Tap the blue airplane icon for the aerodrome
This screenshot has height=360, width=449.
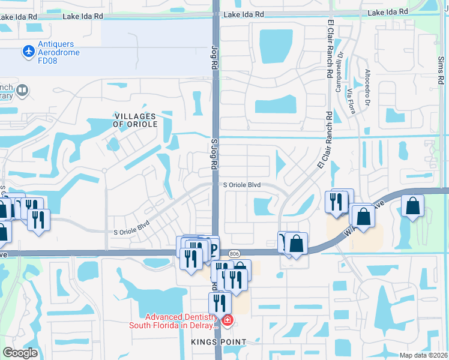point(28,52)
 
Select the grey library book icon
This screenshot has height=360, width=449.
point(23,91)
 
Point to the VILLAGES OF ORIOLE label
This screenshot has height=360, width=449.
point(135,120)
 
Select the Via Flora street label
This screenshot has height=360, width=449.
point(349,103)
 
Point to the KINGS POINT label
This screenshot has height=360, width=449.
point(219,342)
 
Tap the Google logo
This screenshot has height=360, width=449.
point(20,353)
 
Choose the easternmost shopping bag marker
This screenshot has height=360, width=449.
point(413,206)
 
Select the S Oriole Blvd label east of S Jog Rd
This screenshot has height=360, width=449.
point(242,185)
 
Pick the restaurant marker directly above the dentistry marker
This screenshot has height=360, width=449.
point(220,302)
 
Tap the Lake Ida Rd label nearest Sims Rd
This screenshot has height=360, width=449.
point(388,13)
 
